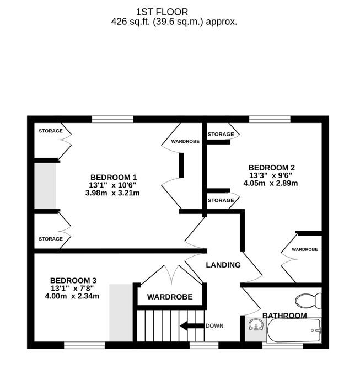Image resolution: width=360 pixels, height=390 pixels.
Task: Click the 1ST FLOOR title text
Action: click(162, 12)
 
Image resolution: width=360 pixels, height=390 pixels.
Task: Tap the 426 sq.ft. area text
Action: click(174, 22)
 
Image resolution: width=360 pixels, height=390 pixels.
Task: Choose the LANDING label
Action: click(223, 265)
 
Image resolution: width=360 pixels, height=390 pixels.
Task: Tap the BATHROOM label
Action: click(284, 316)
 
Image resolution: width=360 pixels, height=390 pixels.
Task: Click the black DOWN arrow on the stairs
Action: click(191, 326)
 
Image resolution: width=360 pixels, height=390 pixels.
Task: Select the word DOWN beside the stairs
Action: click(214, 326)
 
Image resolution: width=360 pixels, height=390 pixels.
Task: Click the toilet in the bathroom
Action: click(308, 301)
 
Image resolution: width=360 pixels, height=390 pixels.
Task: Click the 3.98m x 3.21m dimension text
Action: click(112, 193)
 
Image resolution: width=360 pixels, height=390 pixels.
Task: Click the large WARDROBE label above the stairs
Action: click(170, 297)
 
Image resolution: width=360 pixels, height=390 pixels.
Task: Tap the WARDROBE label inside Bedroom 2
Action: click(305, 249)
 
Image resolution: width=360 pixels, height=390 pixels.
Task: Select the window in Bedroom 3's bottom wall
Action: click(84, 345)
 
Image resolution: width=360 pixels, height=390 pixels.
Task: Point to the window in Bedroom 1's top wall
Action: click(112, 119)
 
